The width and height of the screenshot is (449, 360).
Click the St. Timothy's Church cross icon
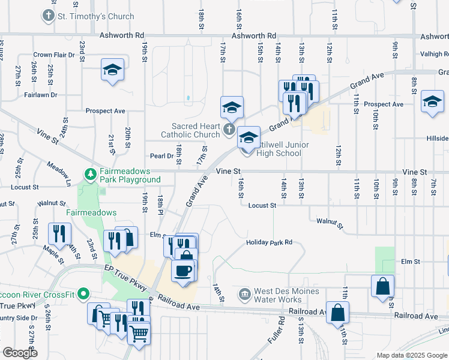49,17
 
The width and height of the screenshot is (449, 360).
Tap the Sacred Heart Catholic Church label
195,130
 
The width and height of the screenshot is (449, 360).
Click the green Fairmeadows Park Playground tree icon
91,175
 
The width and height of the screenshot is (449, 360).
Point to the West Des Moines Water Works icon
244,294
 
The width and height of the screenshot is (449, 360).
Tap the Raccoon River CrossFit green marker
83,295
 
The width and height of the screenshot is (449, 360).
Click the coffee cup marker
183,271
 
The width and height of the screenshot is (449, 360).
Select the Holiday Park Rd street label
268,242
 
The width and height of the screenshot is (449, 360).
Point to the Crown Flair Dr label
53,55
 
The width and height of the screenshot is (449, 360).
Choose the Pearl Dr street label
161,156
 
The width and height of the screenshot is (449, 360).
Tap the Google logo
20,352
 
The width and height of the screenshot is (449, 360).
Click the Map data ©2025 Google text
412,355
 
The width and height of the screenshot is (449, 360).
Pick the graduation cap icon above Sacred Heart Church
232,108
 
